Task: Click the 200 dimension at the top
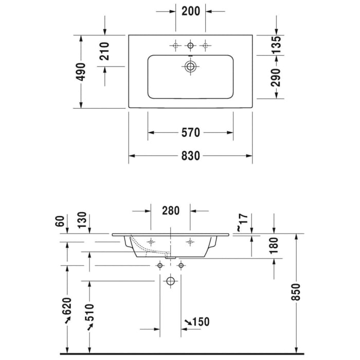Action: click(191, 11)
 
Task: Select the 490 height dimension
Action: click(81, 72)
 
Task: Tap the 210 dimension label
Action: click(104, 51)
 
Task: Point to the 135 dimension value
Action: click(276, 45)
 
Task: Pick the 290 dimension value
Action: click(276, 77)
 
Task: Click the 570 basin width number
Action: click(191, 133)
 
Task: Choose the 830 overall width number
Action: click(191, 156)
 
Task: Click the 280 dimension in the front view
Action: click(171, 210)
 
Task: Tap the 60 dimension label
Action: click(60, 221)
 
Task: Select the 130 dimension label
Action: click(82, 220)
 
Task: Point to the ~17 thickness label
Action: click(242, 222)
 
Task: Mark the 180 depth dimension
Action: click(274, 246)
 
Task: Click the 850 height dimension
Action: click(296, 292)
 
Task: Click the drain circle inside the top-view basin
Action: click(190, 66)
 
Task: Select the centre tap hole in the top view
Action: click(190, 45)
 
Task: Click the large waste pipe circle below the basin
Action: click(170, 281)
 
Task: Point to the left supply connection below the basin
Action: click(160, 266)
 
